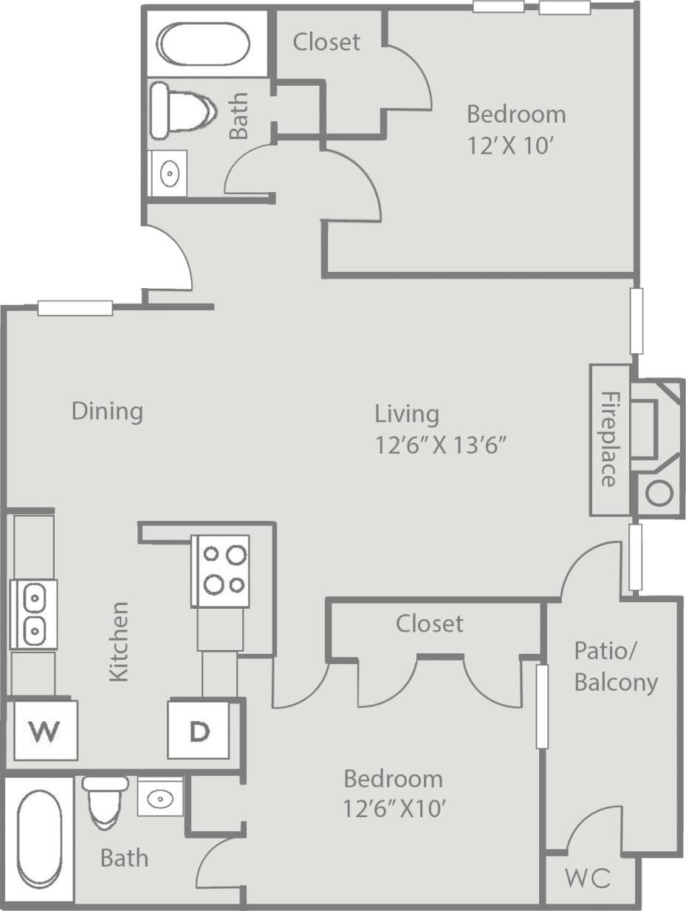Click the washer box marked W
coord(46,730)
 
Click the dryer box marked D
coord(198,730)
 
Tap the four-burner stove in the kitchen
coord(220,570)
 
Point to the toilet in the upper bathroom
coord(182,112)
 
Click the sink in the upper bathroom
coord(168,174)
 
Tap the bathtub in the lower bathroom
coord(38,838)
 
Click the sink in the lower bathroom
coord(160,798)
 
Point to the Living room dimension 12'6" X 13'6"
coord(443,446)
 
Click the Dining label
coord(107,411)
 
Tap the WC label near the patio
coord(588,878)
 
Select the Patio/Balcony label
coord(616,667)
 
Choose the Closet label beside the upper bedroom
coord(326,42)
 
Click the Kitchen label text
coord(119,641)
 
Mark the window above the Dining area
coord(75,308)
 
